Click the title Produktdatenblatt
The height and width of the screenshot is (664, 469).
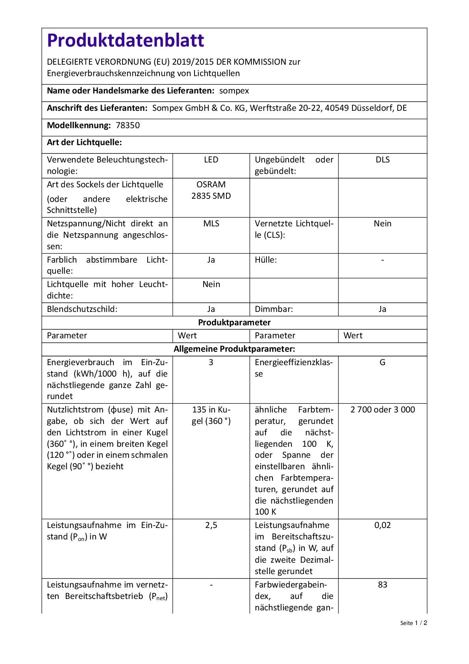click(126, 40)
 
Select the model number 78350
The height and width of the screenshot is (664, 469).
click(128, 125)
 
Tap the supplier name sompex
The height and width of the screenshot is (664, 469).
click(234, 91)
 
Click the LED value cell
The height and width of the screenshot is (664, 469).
click(211, 160)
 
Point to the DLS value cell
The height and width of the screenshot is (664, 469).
click(382, 160)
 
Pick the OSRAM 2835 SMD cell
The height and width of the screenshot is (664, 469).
click(211, 190)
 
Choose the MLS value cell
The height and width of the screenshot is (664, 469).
click(211, 224)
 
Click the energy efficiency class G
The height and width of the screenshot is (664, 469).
click(382, 362)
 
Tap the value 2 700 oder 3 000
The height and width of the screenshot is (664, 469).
click(382, 410)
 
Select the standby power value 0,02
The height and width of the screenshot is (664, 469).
click(382, 525)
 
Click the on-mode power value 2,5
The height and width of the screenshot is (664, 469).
click(211, 525)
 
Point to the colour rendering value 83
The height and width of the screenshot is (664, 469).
click(382, 585)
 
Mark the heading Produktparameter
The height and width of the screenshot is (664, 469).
click(234, 323)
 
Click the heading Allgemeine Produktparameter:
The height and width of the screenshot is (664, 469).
click(234, 349)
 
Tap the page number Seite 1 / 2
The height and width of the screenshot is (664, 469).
click(413, 623)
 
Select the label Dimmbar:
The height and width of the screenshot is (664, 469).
click(274, 309)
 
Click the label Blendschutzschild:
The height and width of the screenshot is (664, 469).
click(82, 309)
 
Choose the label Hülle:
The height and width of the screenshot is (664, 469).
click(265, 260)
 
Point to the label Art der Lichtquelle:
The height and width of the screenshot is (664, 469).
click(84, 143)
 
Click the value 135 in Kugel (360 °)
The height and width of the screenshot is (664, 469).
click(211, 415)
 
